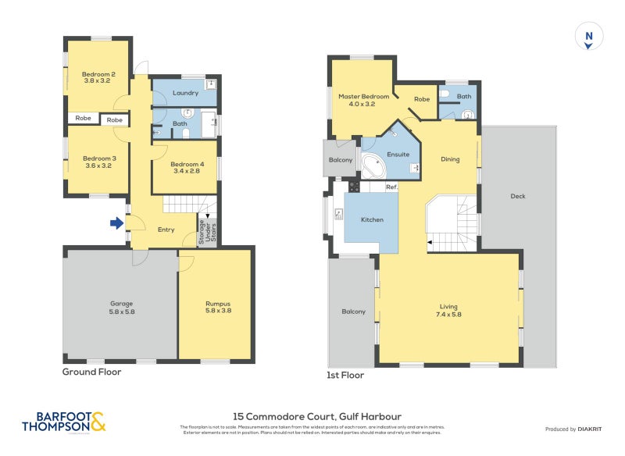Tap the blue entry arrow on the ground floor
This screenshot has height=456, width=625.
(116, 223)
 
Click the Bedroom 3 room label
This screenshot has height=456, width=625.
(98, 162)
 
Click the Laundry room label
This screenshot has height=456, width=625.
(184, 92)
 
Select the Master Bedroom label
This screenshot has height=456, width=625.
(362, 100)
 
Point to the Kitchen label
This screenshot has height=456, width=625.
(372, 220)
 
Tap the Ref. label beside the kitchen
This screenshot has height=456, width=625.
(391, 187)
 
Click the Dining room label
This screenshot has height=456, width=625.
(450, 159)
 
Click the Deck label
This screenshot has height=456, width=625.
(517, 196)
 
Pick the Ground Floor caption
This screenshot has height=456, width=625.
(91, 372)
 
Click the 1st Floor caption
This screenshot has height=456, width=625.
(345, 375)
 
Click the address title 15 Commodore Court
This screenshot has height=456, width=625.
(318, 417)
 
